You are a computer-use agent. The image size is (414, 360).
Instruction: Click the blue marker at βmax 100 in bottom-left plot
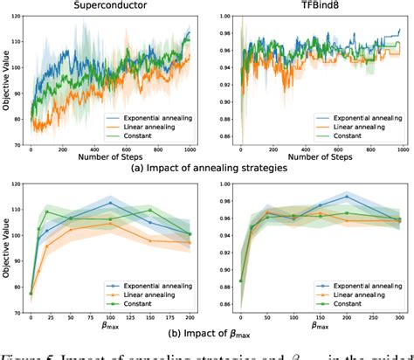click(x=110, y=203)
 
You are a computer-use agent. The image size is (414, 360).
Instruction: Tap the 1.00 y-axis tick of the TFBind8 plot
click(x=224, y=17)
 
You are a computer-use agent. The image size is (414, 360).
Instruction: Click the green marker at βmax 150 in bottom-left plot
click(x=150, y=211)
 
